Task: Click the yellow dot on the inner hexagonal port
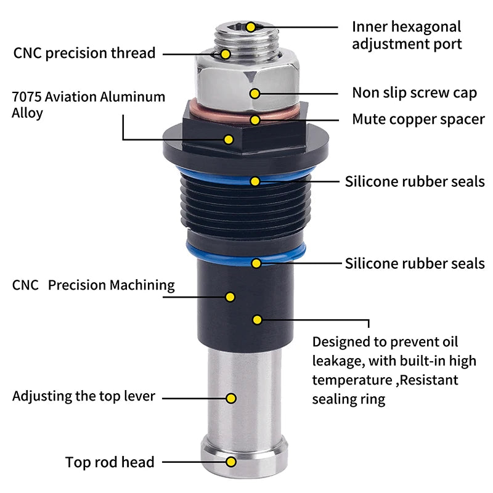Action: coord(251,27)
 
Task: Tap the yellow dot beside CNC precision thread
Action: coord(226,54)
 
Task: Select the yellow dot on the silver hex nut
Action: coord(255,94)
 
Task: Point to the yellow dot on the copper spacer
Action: coord(255,120)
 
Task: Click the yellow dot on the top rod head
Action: coord(231,462)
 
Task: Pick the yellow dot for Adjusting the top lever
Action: coord(231,398)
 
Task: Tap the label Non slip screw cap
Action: coord(414,93)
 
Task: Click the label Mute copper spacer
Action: coord(418,120)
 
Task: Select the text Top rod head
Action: coord(110,462)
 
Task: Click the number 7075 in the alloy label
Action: coord(26,97)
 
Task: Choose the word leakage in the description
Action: coord(338,361)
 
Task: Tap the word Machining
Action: coord(142,285)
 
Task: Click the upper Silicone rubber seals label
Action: coord(415,182)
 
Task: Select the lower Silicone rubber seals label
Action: coord(415,264)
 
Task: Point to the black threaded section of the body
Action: coord(246,205)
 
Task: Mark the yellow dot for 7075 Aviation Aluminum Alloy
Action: coord(229,139)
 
